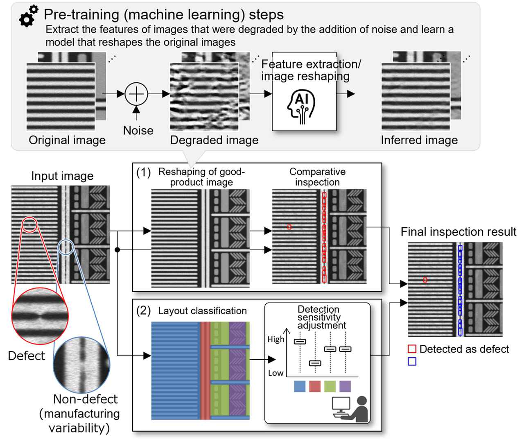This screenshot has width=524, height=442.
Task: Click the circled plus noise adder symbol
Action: coord(136,94)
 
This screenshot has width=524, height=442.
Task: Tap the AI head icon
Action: coord(302,107)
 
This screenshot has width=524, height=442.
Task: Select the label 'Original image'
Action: coord(67,140)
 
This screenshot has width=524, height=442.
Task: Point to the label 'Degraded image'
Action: coord(214,140)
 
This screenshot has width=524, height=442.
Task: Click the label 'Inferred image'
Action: coord(419,140)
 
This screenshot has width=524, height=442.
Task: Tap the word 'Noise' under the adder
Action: coord(138,130)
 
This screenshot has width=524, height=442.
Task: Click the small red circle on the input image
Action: coord(29,224)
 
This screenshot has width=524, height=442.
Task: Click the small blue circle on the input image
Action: coord(66,247)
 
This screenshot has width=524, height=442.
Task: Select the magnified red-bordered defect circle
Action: coord(40,316)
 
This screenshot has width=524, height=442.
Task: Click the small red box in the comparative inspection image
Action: coord(289,227)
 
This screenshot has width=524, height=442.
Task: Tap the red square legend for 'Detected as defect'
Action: coord(412,349)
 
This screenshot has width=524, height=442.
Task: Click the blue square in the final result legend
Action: coord(412,361)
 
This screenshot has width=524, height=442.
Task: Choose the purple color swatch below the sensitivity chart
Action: coord(345,386)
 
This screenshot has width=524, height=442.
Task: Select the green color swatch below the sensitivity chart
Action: coord(330,386)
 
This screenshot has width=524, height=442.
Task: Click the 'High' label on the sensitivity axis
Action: coord(276,339)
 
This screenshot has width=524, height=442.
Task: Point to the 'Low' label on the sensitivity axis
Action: coord(276,373)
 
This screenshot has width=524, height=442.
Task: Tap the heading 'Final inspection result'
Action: coord(458,232)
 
